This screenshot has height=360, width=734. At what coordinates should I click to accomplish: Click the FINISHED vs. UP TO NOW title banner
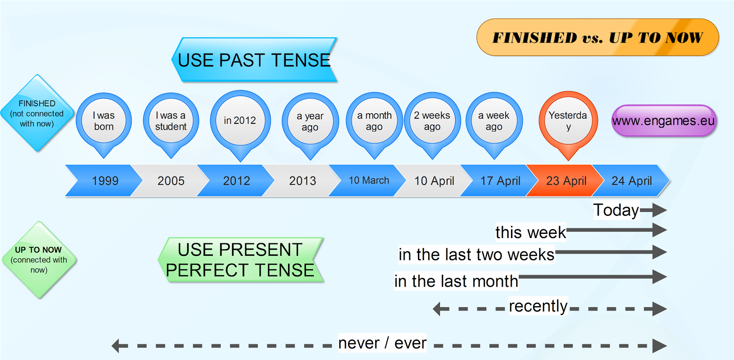(597, 37)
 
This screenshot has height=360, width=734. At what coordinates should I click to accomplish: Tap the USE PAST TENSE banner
(254, 60)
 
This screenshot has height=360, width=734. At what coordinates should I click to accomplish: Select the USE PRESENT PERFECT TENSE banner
(240, 260)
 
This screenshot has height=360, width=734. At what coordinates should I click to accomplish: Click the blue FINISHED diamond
(37, 113)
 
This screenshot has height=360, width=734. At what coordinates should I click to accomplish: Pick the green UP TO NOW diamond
(39, 260)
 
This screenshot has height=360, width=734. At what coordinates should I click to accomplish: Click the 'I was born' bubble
(104, 121)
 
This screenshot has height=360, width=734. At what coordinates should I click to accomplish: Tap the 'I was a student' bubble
(171, 121)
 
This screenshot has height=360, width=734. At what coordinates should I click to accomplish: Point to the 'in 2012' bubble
(240, 121)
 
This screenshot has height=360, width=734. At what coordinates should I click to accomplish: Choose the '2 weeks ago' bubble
(432, 121)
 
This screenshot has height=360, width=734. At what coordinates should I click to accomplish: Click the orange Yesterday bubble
(568, 121)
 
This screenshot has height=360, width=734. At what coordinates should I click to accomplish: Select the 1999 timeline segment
(105, 181)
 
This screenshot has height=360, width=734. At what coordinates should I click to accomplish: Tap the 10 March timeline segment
(368, 181)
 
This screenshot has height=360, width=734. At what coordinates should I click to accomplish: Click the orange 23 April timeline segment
(566, 181)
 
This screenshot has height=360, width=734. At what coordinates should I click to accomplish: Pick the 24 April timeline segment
(631, 181)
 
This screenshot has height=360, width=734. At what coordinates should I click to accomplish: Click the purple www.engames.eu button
(663, 121)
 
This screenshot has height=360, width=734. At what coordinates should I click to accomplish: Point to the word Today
(616, 210)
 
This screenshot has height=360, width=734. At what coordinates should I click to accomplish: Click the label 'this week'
(530, 232)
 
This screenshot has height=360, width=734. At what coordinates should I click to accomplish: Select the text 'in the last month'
(456, 281)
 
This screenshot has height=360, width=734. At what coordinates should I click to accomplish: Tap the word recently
(538, 305)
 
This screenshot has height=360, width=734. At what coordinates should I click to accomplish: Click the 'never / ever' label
(382, 343)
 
